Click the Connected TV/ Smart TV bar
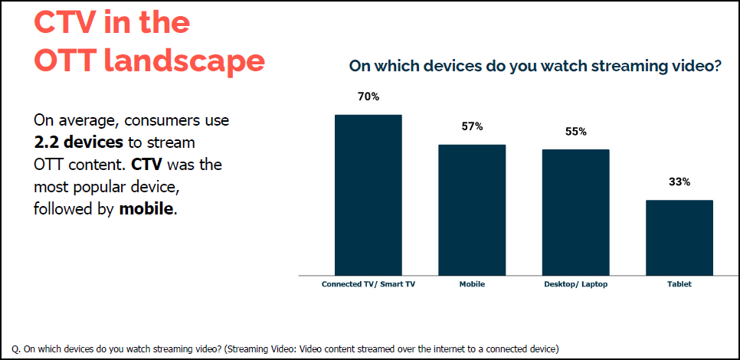pos(368,195)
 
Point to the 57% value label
pos(472,126)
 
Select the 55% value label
pos(575,132)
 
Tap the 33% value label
pos(679,182)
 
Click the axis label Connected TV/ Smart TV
pos(368,284)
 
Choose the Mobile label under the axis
pos(472,284)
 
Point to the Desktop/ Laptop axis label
pos(575,284)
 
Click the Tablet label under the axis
pos(679,284)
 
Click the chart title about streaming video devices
pos(535,67)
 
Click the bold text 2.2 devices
pos(78,142)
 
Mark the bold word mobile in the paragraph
pos(147,208)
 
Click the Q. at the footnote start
pos(18,349)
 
